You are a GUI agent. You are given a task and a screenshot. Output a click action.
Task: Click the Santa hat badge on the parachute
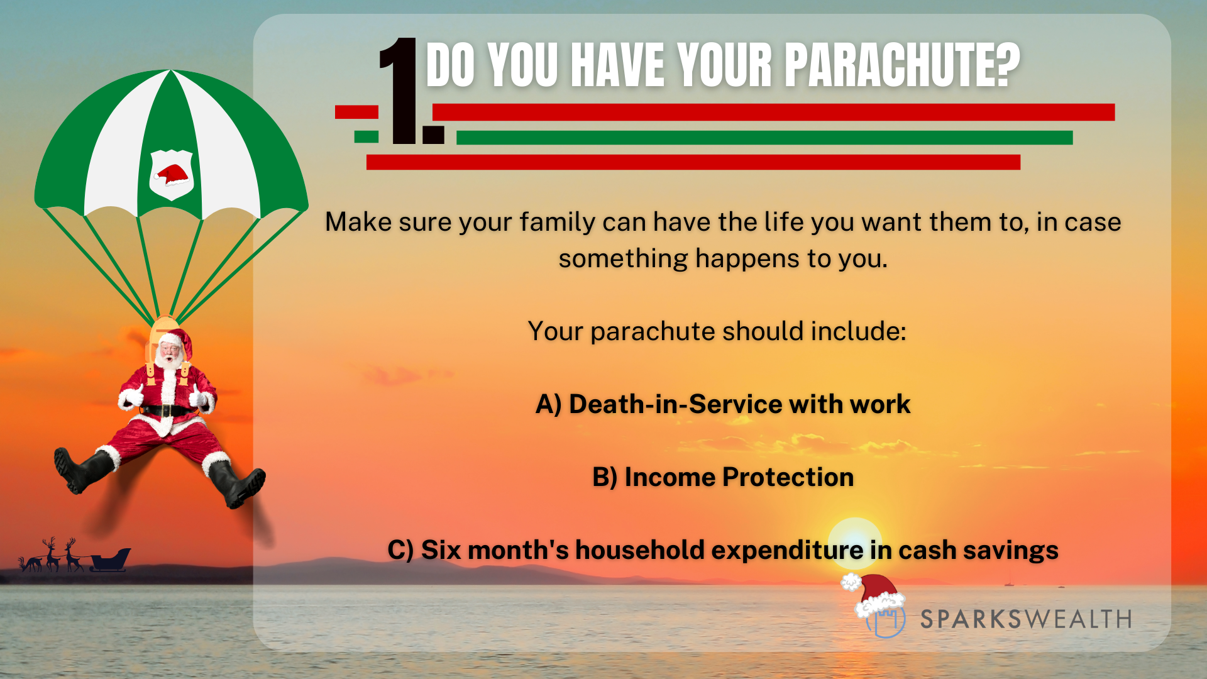[x=172, y=174]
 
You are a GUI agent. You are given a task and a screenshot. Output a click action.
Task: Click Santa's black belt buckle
[x=166, y=411]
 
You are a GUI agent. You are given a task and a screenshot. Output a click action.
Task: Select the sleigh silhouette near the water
[x=111, y=559]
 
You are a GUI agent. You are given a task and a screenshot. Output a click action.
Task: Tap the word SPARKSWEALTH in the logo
[x=1026, y=619]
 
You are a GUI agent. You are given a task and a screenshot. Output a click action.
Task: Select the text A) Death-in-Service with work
[x=723, y=404]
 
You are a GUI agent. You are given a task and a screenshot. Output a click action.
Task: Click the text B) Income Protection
[x=723, y=477]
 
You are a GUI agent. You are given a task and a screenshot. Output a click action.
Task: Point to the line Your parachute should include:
[x=717, y=331]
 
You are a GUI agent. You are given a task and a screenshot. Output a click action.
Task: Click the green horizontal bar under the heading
[x=764, y=138]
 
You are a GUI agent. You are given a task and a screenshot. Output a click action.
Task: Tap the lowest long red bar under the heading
[x=693, y=162]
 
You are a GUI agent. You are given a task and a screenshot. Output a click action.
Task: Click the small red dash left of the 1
[x=356, y=112]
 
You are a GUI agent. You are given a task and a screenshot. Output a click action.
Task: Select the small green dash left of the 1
[x=367, y=136]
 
